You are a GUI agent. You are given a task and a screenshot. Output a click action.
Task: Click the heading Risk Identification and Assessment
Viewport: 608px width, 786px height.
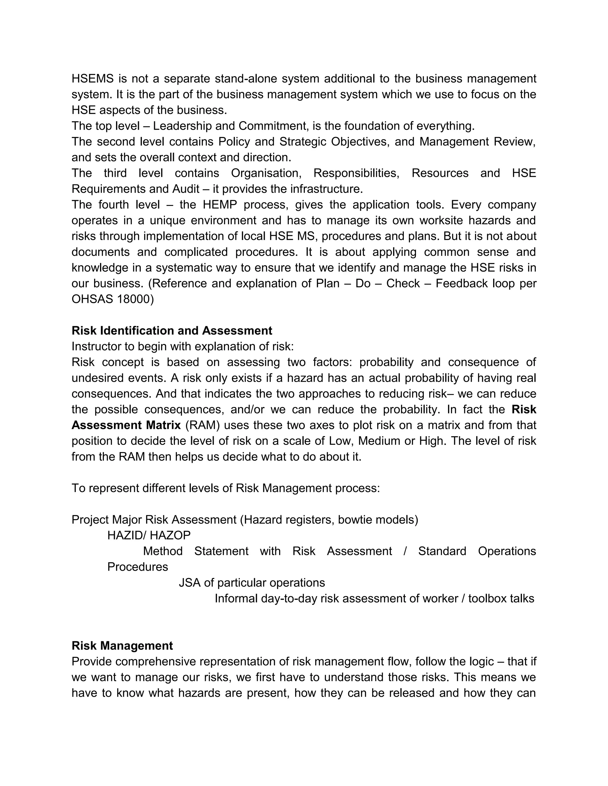pos(172,330)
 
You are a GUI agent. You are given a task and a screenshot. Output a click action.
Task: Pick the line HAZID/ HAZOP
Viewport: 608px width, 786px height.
pos(149,535)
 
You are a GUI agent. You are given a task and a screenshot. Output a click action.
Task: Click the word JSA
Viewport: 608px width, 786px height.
pos(189,582)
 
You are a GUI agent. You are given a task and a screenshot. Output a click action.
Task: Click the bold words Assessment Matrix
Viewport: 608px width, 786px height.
pos(126,425)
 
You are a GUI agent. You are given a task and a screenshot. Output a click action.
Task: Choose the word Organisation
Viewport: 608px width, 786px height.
pos(266,173)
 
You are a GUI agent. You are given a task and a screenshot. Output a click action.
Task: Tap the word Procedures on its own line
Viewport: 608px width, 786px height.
pos(137,567)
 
